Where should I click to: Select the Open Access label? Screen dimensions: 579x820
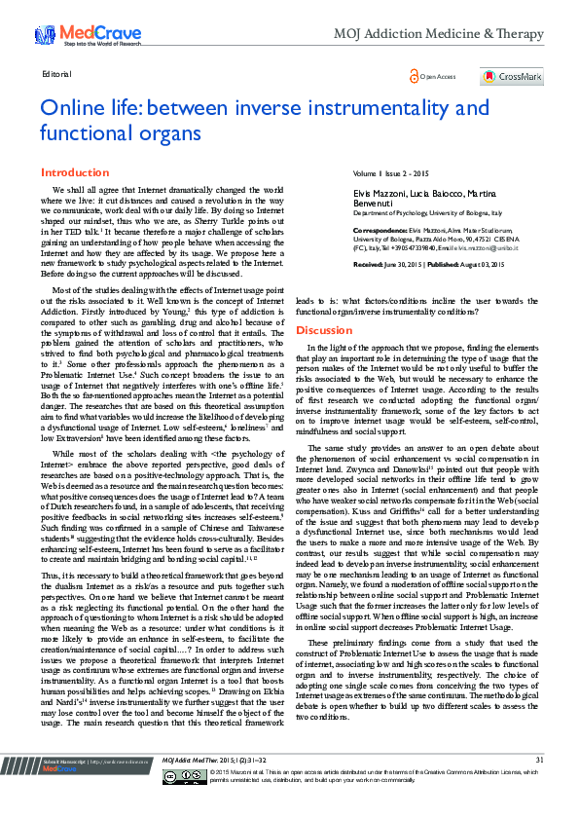pyautogui.click(x=434, y=76)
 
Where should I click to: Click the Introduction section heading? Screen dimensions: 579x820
pyautogui.click(x=75, y=172)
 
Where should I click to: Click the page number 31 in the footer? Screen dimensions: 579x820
pyautogui.click(x=539, y=787)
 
